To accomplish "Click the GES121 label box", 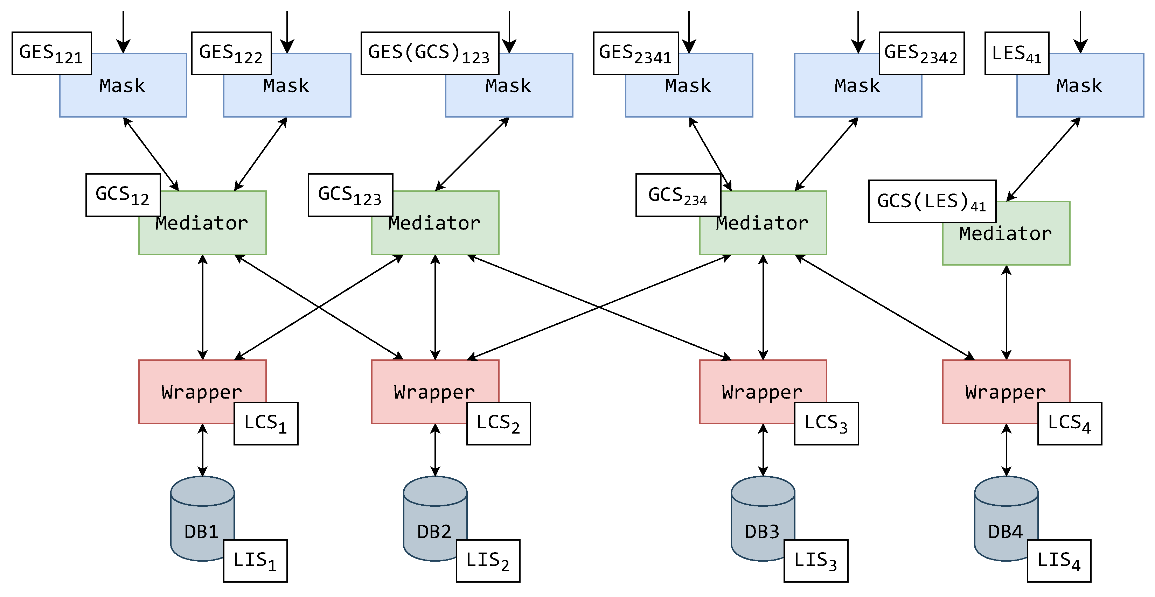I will [51, 53].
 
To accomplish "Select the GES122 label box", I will [231, 53].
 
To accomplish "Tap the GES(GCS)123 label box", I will [430, 53].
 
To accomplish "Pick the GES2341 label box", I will [635, 53].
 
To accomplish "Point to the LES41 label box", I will [1016, 53].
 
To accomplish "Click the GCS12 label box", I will [123, 195].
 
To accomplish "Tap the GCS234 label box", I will [678, 195].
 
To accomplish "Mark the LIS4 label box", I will [1059, 561].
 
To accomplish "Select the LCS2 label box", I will [498, 423].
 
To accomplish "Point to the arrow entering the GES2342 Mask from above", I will [858, 31].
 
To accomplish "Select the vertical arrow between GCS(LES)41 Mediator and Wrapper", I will [1006, 312].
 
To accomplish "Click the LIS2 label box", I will [488, 561].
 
